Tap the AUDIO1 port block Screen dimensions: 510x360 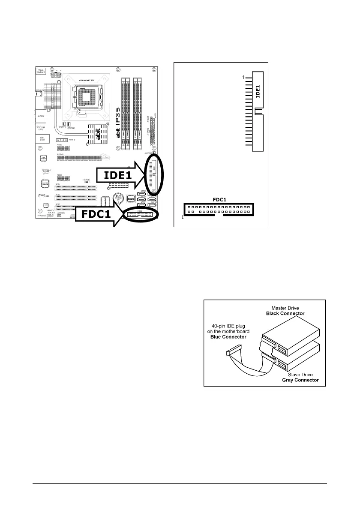pyautogui.click(x=41, y=116)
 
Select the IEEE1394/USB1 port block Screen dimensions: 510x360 pyautogui.click(x=41, y=128)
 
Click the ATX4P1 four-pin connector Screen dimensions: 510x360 pyautogui.click(x=62, y=140)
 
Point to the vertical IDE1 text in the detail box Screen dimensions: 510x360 pyautogui.click(x=258, y=91)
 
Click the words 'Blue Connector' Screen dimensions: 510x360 pyautogui.click(x=228, y=337)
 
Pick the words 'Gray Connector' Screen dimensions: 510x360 pyautogui.click(x=300, y=380)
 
